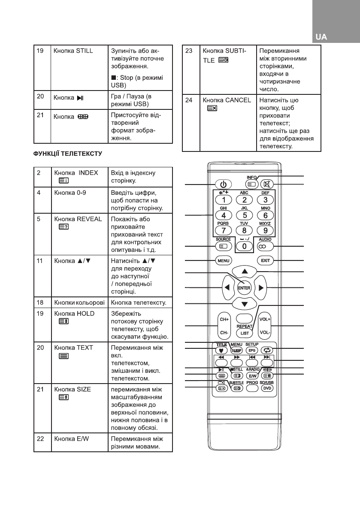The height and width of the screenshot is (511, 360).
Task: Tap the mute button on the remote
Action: click(x=267, y=185)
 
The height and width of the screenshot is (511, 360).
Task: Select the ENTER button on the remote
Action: click(x=244, y=287)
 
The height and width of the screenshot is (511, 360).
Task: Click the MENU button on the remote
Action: click(x=223, y=260)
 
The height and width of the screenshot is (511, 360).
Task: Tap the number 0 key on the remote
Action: click(x=244, y=247)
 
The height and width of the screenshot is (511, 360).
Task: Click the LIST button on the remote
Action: click(x=245, y=333)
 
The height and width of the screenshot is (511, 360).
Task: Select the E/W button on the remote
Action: click(x=252, y=376)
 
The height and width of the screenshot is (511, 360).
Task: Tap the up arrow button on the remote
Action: click(x=244, y=272)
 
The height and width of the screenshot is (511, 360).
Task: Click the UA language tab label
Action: click(x=321, y=37)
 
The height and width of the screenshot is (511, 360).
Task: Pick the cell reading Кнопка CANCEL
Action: click(x=227, y=100)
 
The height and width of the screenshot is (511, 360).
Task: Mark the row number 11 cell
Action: click(x=39, y=260)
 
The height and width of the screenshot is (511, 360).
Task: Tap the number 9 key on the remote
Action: click(x=266, y=231)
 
